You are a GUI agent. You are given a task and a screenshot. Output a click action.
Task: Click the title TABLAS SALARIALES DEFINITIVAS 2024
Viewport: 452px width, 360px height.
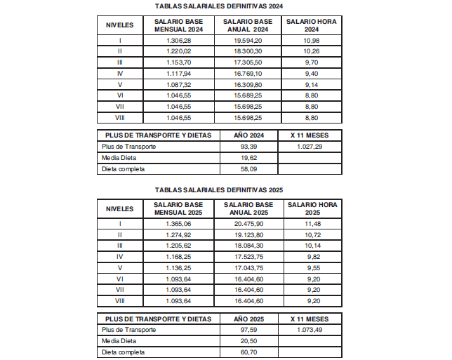218,6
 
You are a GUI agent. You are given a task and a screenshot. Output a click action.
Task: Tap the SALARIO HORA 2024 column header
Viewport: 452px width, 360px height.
312,26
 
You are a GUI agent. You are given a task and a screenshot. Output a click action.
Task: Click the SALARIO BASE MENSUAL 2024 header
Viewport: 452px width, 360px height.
178,26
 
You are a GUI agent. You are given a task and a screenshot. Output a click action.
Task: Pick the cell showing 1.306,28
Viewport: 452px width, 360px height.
178,41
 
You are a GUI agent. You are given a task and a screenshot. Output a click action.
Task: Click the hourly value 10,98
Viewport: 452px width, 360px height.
312,41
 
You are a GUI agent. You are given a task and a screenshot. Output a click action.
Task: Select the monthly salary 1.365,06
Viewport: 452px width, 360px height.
178,224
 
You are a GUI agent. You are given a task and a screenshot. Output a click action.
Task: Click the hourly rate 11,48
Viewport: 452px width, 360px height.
312,224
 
